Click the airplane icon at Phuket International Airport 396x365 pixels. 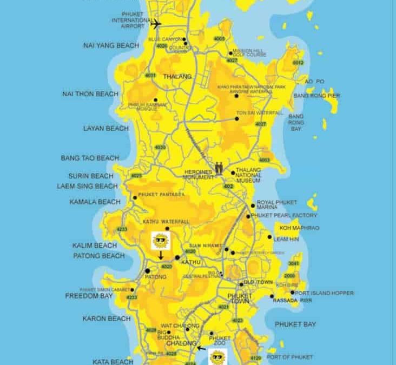coord(156,24)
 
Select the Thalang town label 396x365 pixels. coord(177,77)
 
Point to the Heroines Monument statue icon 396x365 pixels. coord(219,168)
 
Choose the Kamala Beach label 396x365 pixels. coord(95,202)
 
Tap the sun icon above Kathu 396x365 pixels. coord(160,240)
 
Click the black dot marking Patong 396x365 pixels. coord(147,270)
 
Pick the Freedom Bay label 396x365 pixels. coord(89,296)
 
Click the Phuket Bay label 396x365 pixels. coord(295,324)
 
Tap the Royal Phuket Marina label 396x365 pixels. coord(277,205)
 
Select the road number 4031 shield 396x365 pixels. coord(150,75)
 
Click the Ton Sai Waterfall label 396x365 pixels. coord(259,112)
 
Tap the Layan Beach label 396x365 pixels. coord(106,129)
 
